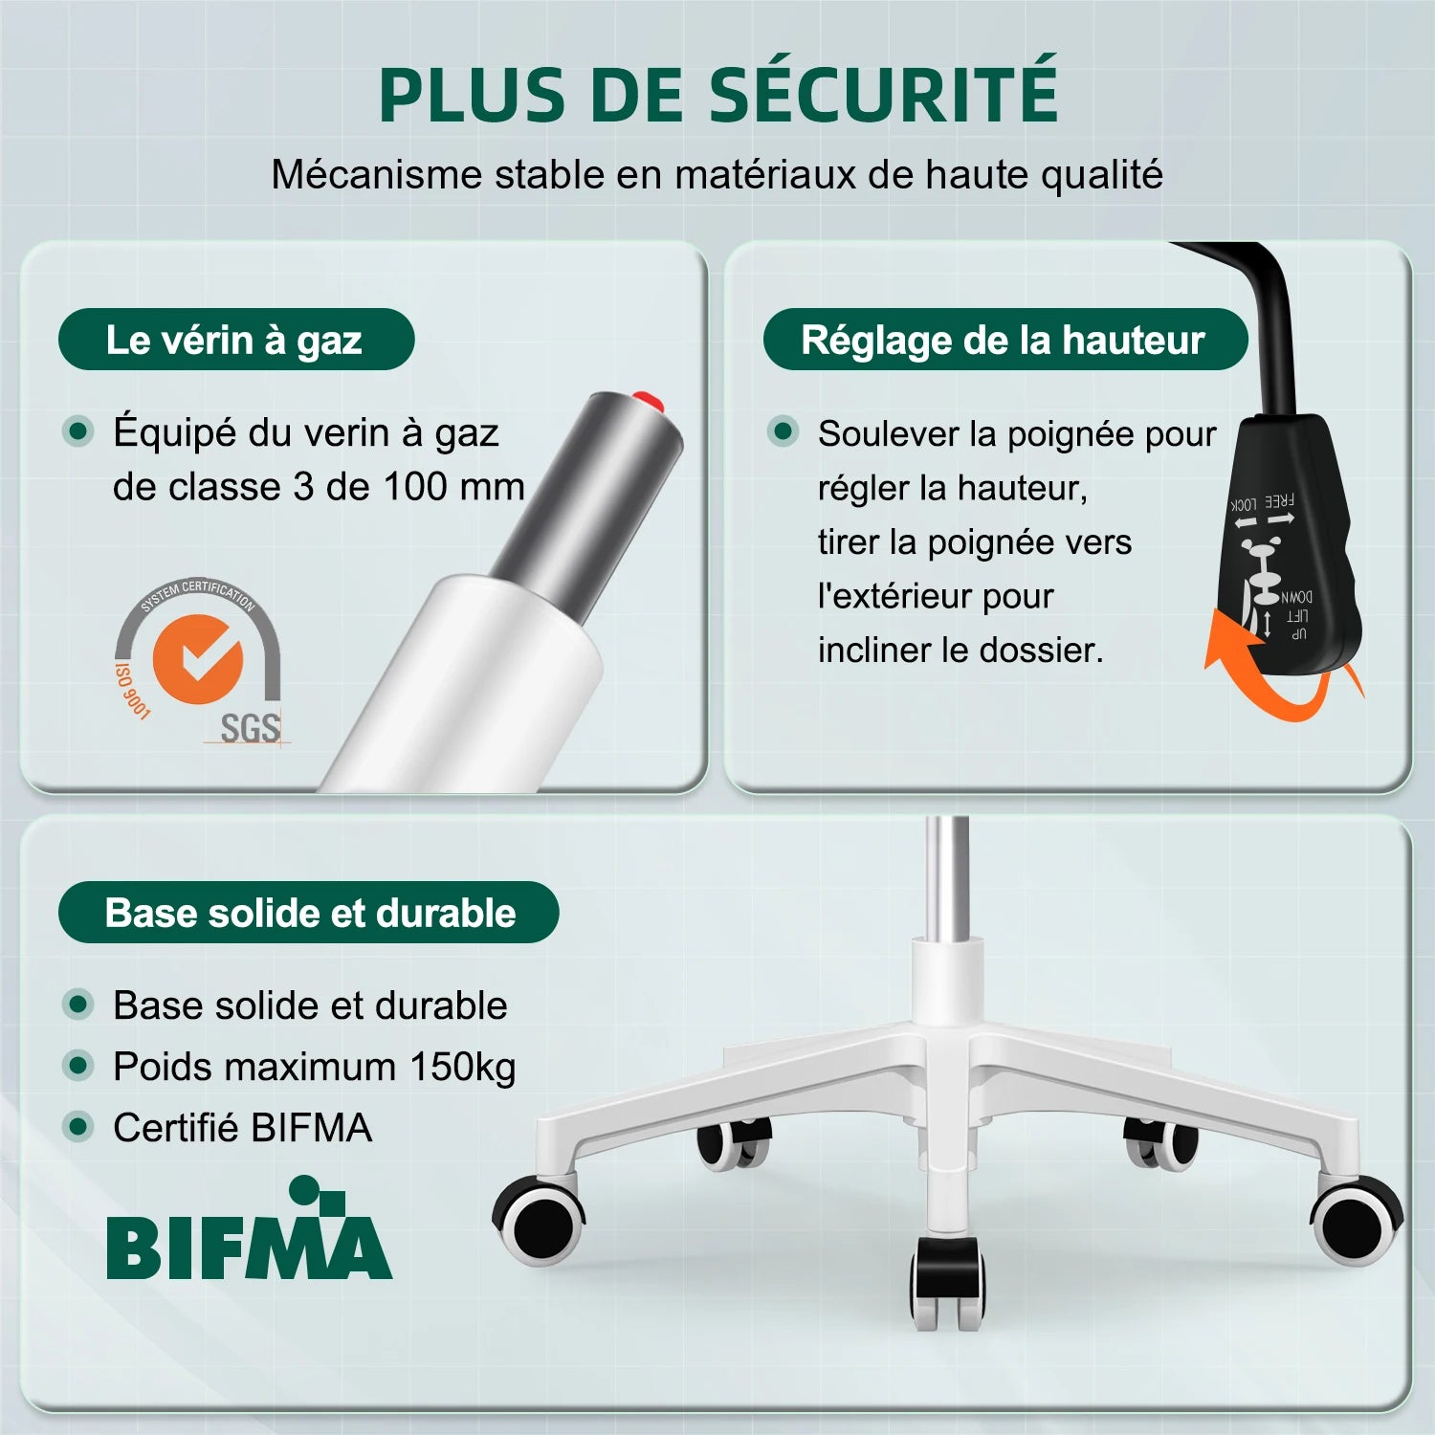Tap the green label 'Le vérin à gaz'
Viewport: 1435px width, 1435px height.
coord(236,340)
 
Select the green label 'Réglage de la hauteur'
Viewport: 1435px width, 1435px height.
coord(1004,340)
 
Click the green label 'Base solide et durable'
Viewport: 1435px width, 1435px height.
coord(308,913)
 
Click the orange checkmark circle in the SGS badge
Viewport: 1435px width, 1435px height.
coord(198,659)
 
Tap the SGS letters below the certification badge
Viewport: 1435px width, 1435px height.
coord(251,728)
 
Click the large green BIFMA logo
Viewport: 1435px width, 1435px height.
coord(249,1229)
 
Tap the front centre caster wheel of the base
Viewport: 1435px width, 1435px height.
coord(946,1282)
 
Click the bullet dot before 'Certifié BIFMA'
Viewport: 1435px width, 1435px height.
coord(77,1127)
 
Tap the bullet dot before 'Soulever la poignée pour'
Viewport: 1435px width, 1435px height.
coord(783,431)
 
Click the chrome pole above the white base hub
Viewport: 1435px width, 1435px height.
coord(947,876)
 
